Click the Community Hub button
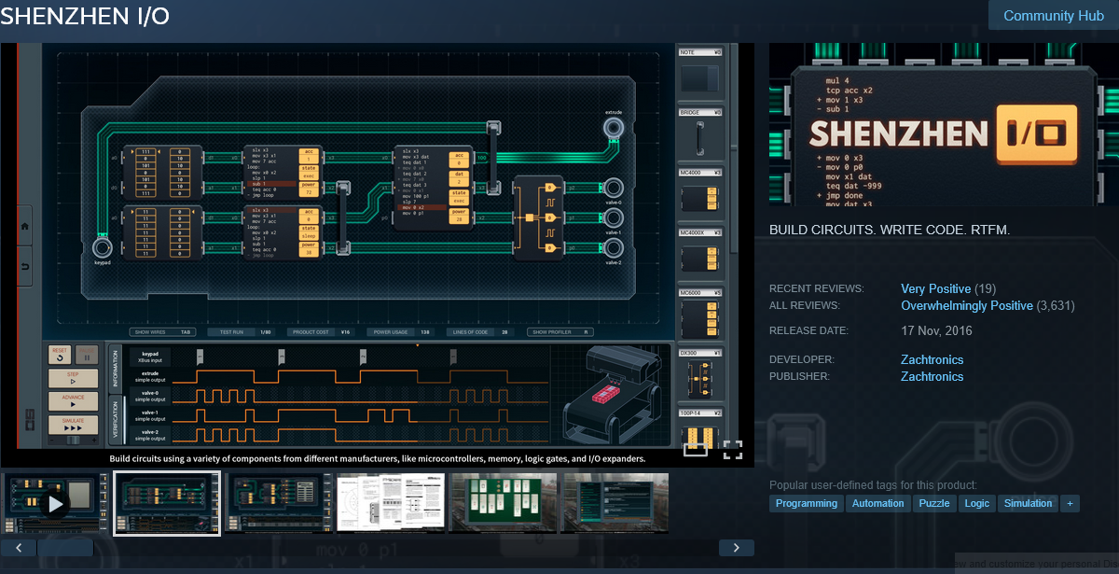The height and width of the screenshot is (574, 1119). (x=1053, y=16)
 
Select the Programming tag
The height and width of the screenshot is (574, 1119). (x=807, y=503)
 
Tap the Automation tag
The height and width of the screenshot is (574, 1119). (x=877, y=503)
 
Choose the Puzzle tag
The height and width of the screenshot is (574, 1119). (x=933, y=503)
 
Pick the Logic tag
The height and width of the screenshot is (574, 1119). (x=976, y=503)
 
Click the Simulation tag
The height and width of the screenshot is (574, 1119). (x=1028, y=503)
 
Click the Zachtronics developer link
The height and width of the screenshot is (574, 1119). (x=932, y=359)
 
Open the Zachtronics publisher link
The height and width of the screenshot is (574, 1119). (x=932, y=376)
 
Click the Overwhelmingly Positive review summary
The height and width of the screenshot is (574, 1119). (x=967, y=305)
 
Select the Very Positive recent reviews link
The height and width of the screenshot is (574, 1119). (x=935, y=288)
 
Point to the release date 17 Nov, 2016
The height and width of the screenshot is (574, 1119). (x=936, y=330)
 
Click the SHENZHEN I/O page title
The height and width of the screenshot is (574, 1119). (x=85, y=18)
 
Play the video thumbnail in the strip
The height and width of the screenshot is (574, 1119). (x=55, y=504)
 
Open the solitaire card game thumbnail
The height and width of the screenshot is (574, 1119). (x=503, y=503)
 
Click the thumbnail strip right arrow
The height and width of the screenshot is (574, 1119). (x=736, y=548)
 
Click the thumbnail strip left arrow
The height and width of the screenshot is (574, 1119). (x=19, y=548)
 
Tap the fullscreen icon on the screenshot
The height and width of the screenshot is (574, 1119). (x=732, y=450)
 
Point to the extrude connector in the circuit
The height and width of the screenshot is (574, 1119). (x=613, y=128)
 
